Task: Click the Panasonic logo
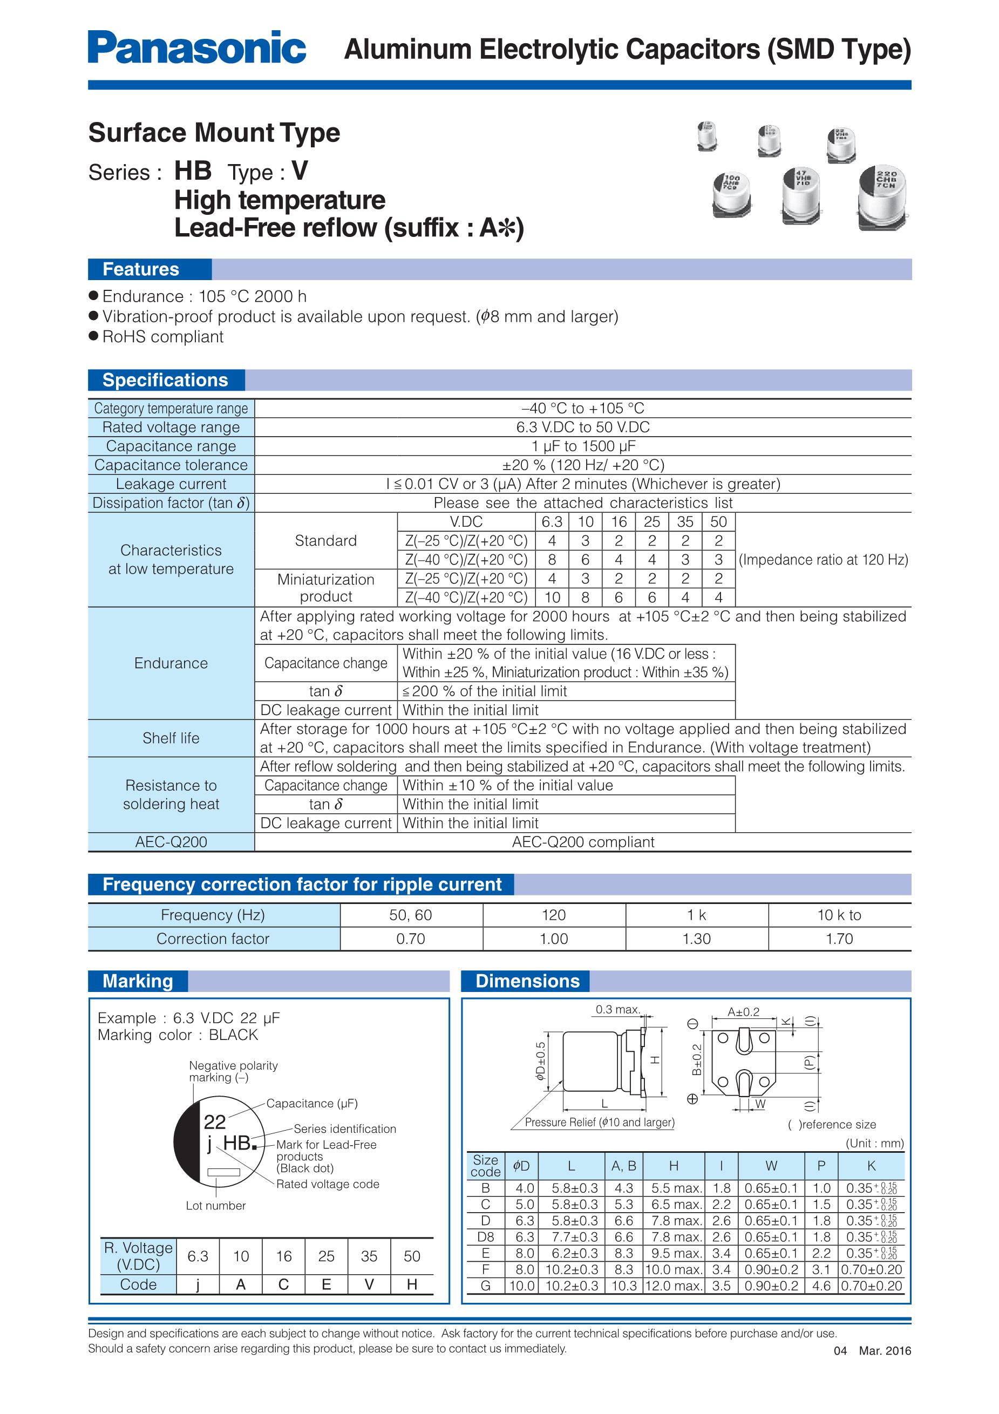196,48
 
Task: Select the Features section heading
141,269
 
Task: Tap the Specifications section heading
165,380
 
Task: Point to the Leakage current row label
171,484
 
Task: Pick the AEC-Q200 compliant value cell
583,842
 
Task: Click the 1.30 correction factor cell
697,939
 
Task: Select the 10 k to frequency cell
839,915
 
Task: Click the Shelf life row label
171,738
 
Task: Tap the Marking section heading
138,981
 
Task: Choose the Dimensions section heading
527,981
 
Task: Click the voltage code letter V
369,1284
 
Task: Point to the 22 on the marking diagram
214,1121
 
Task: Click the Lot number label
215,1205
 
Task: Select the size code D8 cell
485,1236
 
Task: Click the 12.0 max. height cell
674,1286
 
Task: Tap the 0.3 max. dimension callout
618,1009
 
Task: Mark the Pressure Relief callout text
599,1122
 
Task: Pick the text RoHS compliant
162,337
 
